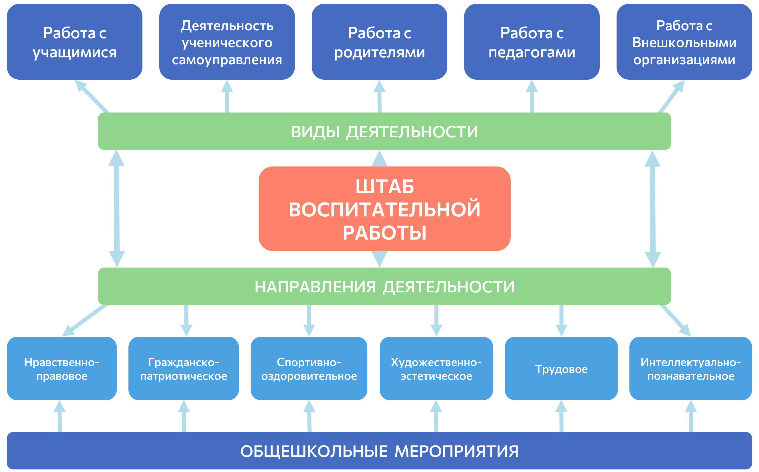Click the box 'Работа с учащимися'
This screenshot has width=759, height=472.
tap(75, 42)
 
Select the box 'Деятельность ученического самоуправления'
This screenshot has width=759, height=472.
tap(227, 42)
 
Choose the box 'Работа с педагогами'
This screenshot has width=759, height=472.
tap(531, 42)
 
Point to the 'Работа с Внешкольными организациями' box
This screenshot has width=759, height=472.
tap(684, 42)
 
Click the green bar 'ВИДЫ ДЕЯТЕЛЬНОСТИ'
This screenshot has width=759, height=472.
tap(384, 131)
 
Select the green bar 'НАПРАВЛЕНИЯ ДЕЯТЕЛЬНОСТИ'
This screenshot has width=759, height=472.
tap(384, 286)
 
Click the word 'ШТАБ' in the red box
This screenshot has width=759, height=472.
tap(384, 187)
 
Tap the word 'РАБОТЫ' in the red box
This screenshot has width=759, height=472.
tap(384, 233)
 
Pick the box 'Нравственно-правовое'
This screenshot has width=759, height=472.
tap(62, 368)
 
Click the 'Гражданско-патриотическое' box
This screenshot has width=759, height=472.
tap(184, 368)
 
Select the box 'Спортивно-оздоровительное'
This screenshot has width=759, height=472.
tap(309, 368)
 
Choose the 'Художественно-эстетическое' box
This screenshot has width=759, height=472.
tap(436, 368)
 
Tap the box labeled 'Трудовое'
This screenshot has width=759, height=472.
tap(561, 368)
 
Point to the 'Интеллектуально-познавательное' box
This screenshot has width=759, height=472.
tap(690, 368)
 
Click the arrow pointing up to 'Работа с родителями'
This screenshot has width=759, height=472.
tap(380, 97)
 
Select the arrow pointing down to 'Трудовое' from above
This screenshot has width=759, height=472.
tap(561, 320)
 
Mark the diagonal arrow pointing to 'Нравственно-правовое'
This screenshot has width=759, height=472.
tap(85, 320)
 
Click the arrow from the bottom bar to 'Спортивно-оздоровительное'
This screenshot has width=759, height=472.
tap(309, 417)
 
